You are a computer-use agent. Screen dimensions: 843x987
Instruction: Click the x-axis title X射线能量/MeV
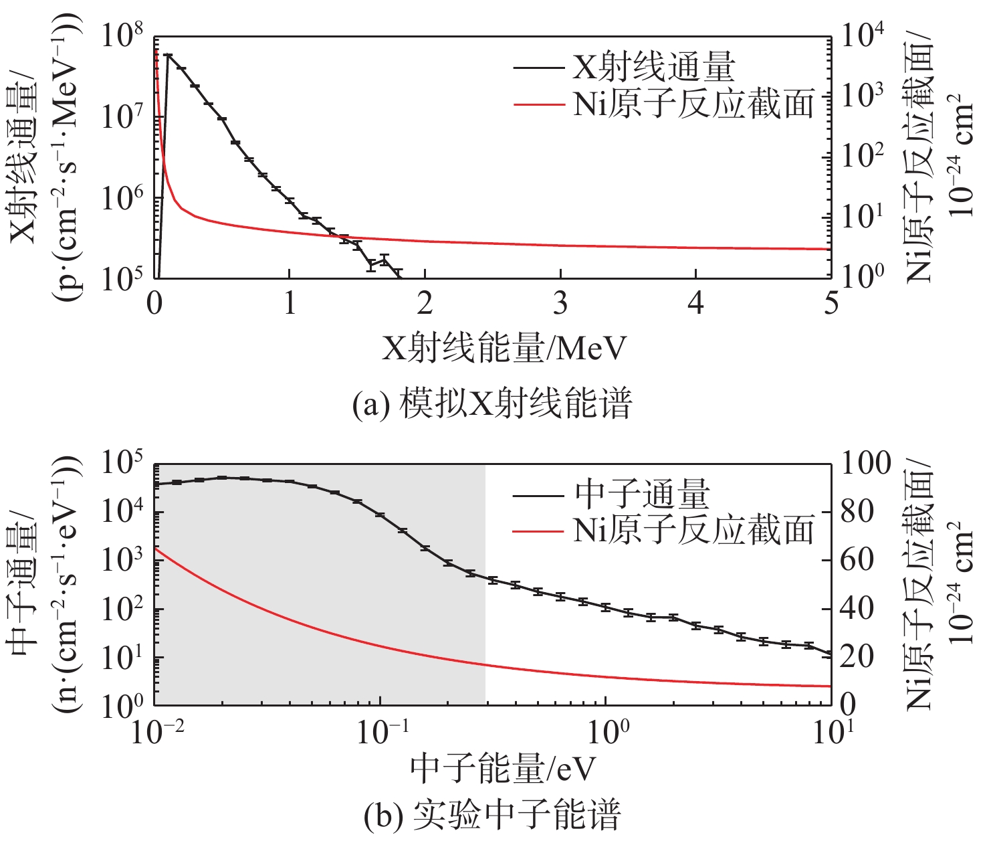[504, 349]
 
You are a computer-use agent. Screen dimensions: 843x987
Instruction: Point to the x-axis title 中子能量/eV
[502, 769]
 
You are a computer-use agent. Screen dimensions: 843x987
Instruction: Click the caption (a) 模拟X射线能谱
[491, 404]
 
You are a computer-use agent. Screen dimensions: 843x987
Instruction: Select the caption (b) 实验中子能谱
[492, 815]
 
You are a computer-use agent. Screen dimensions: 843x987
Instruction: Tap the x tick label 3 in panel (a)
[560, 304]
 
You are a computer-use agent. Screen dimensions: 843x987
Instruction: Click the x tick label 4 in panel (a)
[695, 304]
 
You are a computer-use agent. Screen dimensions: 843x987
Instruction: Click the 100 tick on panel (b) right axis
[866, 464]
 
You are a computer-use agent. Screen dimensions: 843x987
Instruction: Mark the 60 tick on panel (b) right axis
[858, 560]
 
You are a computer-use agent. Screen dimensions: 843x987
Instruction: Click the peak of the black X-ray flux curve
[168, 56]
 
